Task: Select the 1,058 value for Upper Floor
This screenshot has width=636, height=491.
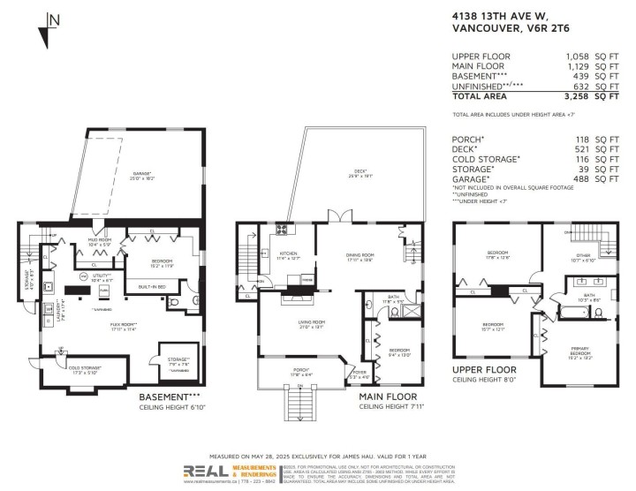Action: [578, 56]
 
